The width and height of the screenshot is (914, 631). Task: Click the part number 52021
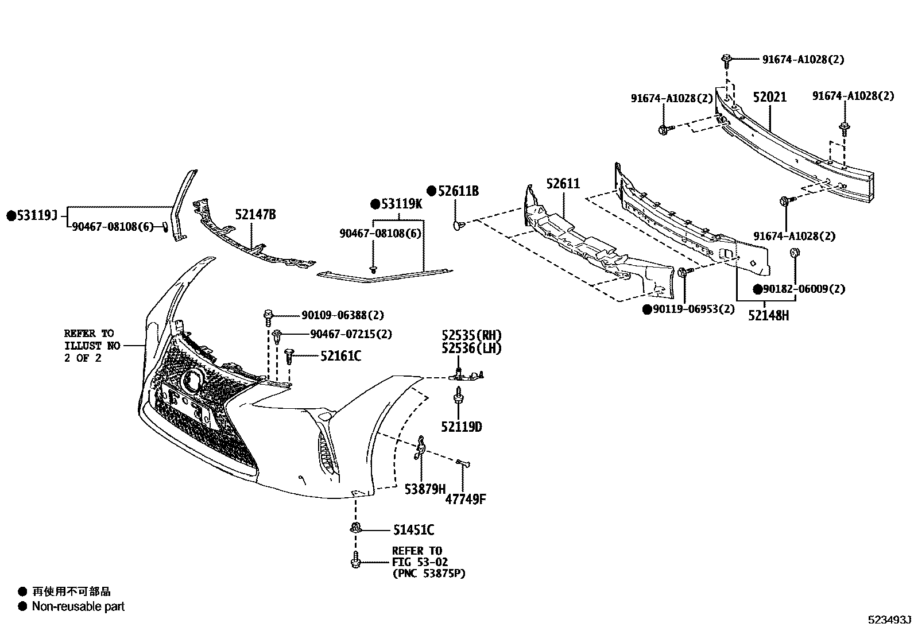pos(769,98)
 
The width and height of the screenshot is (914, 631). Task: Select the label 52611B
pos(458,191)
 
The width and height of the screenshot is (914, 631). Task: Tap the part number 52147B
pos(255,215)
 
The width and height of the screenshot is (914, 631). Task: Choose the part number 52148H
pos(768,315)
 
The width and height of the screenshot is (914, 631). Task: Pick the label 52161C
pos(340,357)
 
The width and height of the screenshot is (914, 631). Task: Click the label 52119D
pos(462,427)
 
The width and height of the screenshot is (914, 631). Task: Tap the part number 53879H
pos(425,489)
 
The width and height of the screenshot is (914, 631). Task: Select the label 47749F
pos(466,498)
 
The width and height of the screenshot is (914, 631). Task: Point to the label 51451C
pos(413,530)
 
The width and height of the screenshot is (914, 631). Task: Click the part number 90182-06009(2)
pos(804,289)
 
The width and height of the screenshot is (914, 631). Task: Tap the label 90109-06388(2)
pos(343,315)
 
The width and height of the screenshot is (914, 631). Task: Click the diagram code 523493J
pos(889,620)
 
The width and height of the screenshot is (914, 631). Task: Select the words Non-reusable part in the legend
pos(78,606)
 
